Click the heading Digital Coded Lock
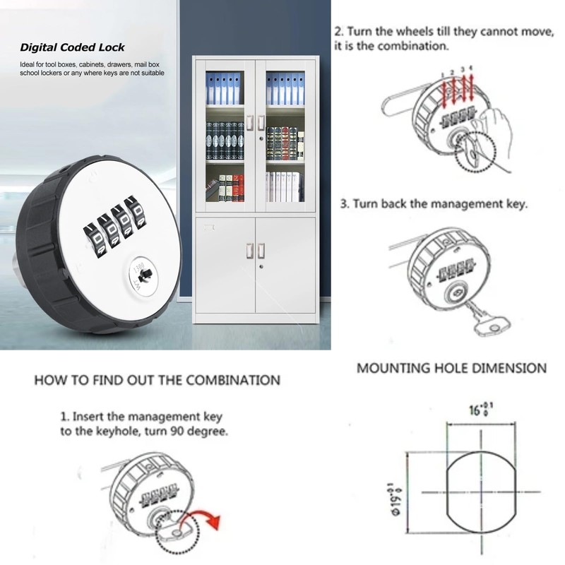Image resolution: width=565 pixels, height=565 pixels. (x=72, y=48)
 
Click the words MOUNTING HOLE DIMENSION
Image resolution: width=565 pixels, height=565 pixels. (x=451, y=368)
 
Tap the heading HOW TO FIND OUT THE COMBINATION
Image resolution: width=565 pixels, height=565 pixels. (x=157, y=380)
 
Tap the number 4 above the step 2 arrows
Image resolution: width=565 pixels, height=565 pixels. (x=471, y=68)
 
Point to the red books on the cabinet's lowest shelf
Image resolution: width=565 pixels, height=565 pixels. (x=238, y=188)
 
